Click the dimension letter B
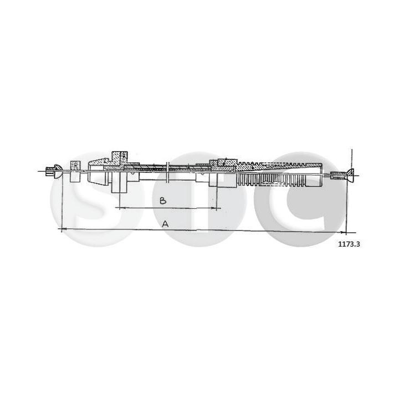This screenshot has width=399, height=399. pos(162,201)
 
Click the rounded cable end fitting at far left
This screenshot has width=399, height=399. pos(53,171)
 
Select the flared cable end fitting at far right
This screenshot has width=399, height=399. pos(341,176)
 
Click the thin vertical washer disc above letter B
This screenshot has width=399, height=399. pos(167,173)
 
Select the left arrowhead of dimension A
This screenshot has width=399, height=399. pos(62,228)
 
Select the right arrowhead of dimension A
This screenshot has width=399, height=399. pos(345,231)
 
